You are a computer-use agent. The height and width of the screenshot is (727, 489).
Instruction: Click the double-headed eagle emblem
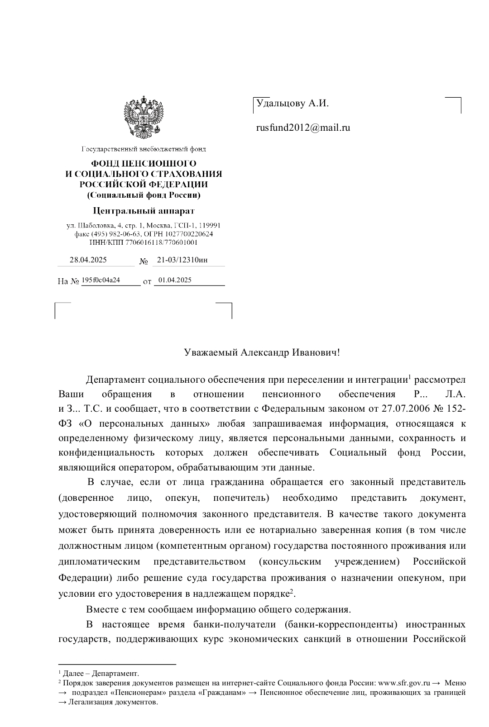(144, 118)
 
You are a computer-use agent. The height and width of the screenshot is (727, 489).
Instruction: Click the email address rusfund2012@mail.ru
(303, 128)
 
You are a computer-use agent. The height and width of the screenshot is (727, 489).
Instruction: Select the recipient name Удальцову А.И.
(292, 104)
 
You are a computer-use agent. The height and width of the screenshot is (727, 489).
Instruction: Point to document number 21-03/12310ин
(182, 260)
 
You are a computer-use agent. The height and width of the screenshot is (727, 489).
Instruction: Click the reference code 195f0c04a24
(101, 280)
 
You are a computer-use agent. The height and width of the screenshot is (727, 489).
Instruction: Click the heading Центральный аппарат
(144, 211)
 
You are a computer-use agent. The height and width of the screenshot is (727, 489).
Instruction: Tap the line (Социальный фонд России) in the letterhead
(144, 195)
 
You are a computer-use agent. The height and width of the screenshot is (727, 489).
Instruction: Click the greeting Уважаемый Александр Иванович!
(262, 353)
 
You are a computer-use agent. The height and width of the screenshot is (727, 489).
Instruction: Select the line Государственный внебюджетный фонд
(144, 149)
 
